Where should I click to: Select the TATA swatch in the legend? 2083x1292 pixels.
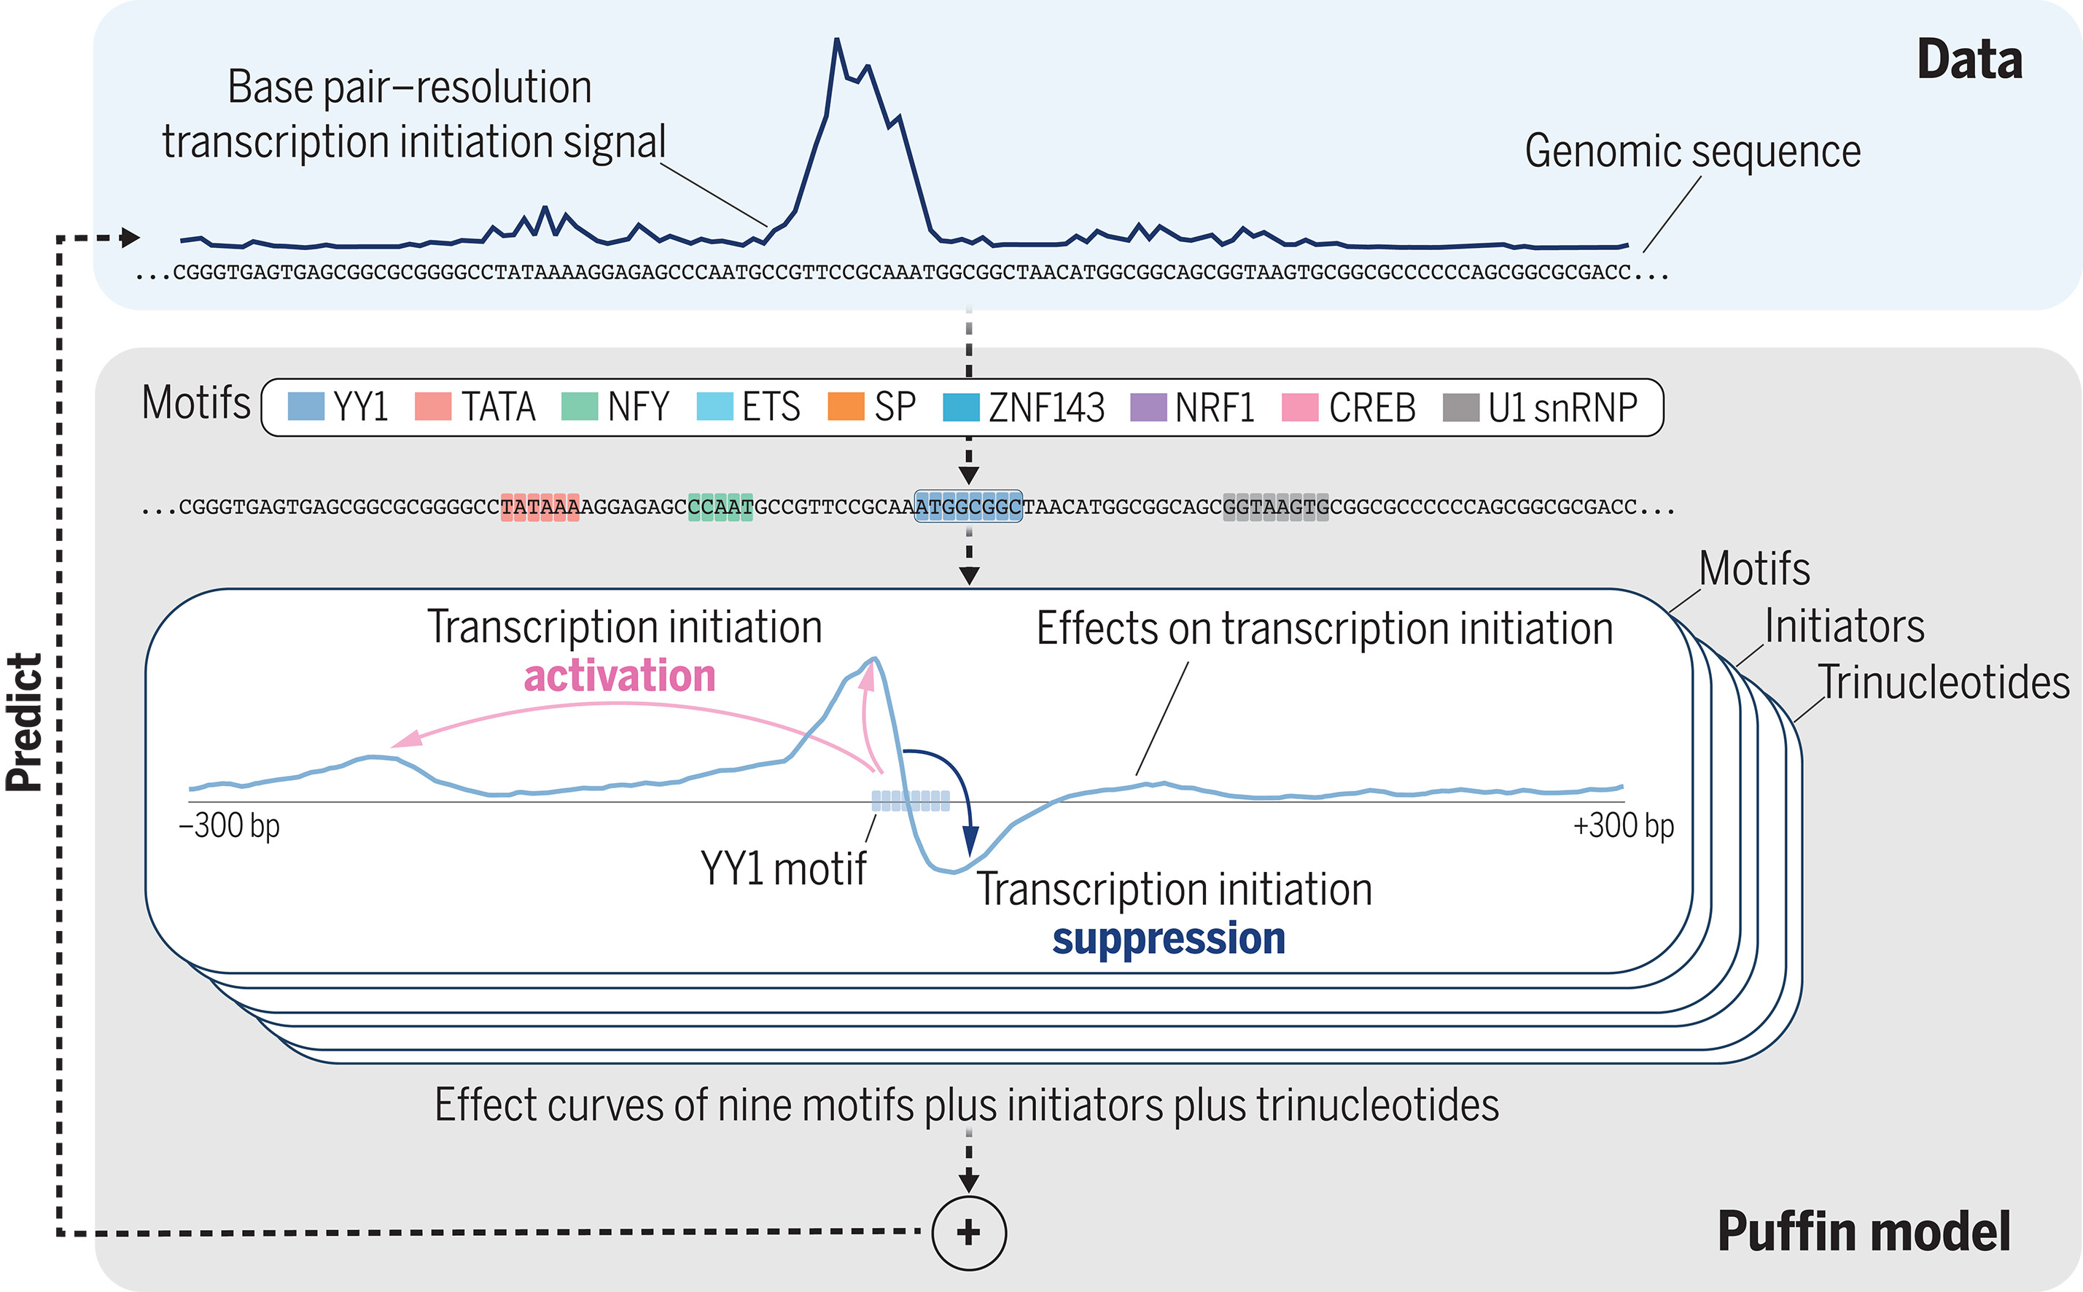point(432,407)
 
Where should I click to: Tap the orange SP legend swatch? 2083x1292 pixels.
point(845,407)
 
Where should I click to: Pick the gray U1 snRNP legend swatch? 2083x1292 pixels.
point(1460,408)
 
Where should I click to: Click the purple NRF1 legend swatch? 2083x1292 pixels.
point(1148,408)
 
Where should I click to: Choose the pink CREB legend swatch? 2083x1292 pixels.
point(1299,408)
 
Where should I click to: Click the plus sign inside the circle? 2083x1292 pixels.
point(968,1232)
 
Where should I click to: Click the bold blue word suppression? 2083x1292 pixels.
point(1168,938)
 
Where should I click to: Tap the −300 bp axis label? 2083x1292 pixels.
point(229,826)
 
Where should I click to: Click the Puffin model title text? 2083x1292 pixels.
point(1864,1231)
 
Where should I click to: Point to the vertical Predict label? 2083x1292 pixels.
point(25,722)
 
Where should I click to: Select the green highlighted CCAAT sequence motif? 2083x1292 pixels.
point(720,507)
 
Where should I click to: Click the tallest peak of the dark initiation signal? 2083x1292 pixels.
point(836,40)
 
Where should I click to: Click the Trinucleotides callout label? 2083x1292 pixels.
point(1943,682)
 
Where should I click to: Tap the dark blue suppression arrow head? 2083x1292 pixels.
point(970,841)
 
